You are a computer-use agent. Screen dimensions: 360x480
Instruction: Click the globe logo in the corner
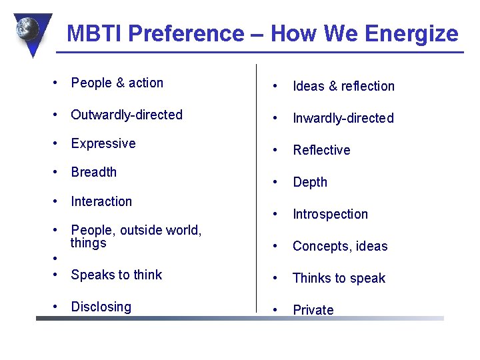point(31,31)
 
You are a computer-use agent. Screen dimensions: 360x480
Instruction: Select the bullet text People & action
point(117,83)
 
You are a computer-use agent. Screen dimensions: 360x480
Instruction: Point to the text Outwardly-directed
point(127,115)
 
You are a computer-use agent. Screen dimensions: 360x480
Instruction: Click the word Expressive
point(103,144)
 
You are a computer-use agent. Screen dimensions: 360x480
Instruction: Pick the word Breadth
point(94,172)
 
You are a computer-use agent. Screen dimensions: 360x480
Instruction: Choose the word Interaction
point(101,201)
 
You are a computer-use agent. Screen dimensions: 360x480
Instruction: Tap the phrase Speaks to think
point(117,275)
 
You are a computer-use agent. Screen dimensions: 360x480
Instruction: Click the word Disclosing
point(101,307)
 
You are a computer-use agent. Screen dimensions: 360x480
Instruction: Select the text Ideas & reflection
point(343,86)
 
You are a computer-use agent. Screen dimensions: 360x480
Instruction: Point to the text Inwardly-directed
point(343,118)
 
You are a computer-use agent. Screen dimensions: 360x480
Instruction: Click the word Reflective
point(321,150)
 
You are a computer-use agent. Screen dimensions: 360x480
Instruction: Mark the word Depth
point(310,182)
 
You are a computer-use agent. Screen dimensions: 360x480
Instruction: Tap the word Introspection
point(330,214)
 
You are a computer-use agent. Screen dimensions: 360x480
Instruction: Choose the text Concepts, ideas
point(340,246)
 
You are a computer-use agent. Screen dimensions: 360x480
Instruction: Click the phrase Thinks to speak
point(339,278)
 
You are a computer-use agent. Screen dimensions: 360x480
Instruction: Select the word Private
point(313,310)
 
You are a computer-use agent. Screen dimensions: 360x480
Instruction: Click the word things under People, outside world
point(89,243)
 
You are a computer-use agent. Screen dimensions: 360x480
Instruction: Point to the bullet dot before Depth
point(273,183)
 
